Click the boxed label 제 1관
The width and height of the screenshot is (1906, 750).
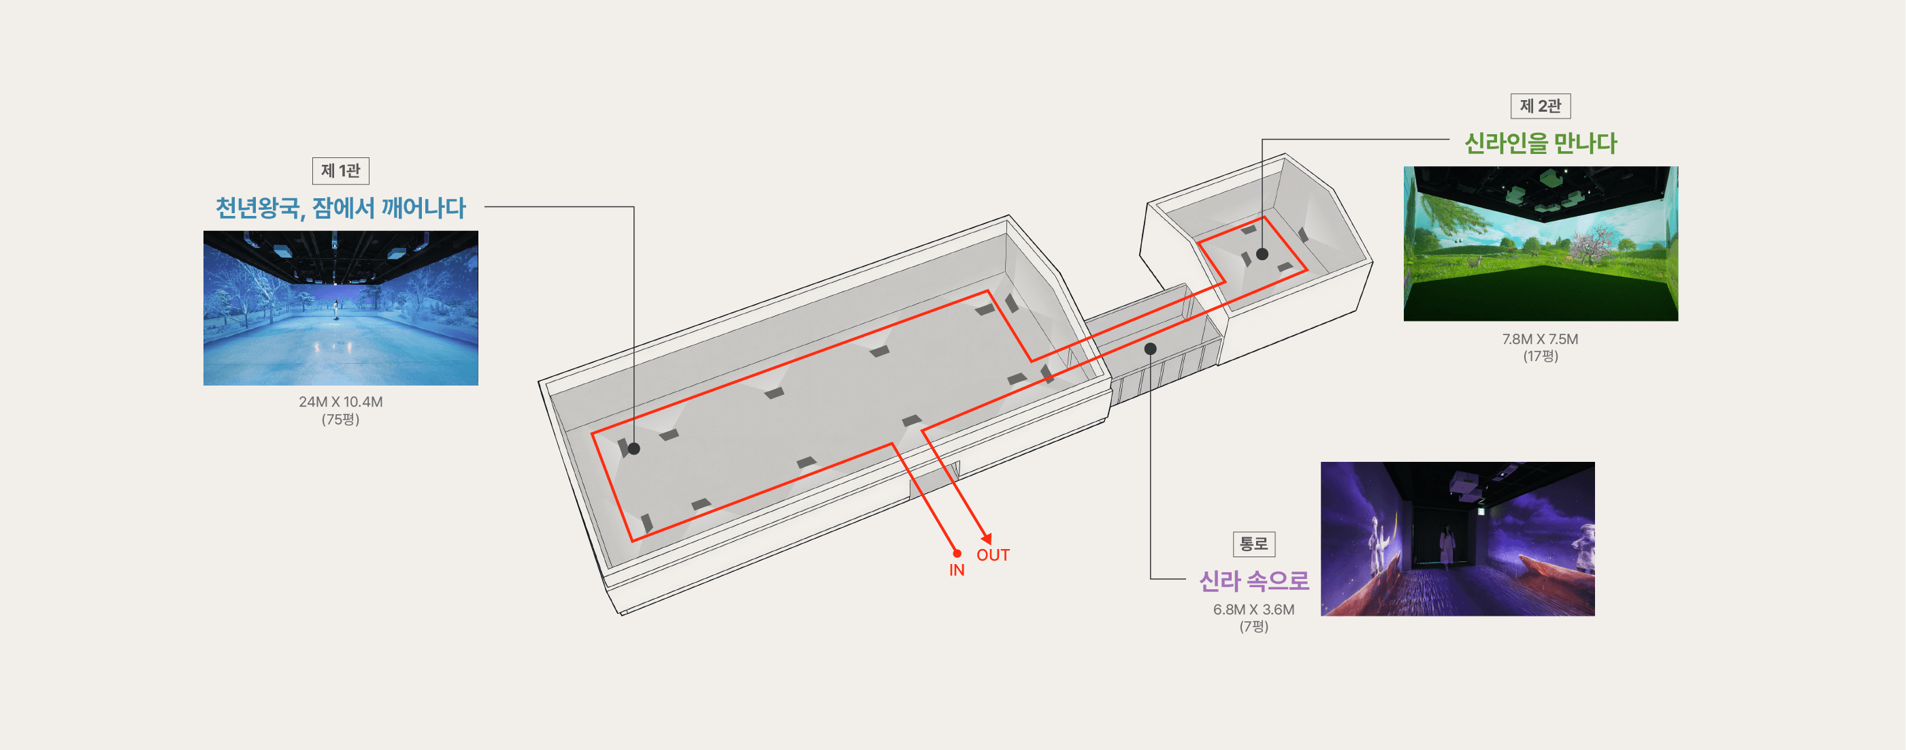(x=340, y=171)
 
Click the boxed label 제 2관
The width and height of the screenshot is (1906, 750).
(x=1540, y=106)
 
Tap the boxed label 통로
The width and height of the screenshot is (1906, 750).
(x=1253, y=544)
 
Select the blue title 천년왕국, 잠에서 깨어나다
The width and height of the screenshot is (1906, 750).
(x=340, y=208)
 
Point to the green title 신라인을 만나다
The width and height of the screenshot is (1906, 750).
(x=1541, y=143)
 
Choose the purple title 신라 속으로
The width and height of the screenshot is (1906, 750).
(x=1253, y=581)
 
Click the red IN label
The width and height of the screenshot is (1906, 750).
(x=957, y=570)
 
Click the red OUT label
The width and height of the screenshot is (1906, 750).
(x=993, y=555)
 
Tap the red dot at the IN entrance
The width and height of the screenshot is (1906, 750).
(x=957, y=553)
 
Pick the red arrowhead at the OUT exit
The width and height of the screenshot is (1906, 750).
(x=985, y=538)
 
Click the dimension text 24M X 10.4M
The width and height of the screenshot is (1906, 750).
(x=340, y=402)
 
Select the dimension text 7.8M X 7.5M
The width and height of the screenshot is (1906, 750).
(x=1540, y=339)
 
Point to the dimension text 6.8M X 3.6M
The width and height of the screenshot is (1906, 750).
(x=1253, y=609)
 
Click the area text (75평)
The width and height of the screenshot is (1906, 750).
(x=340, y=420)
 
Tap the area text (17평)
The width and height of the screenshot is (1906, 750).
(x=1540, y=356)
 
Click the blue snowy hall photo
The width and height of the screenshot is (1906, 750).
(x=340, y=308)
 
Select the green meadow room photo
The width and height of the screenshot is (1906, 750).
(x=1541, y=244)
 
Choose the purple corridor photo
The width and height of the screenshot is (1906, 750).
(x=1458, y=539)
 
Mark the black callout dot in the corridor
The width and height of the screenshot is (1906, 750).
(x=1150, y=349)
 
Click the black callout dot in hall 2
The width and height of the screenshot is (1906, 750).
(x=1262, y=254)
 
